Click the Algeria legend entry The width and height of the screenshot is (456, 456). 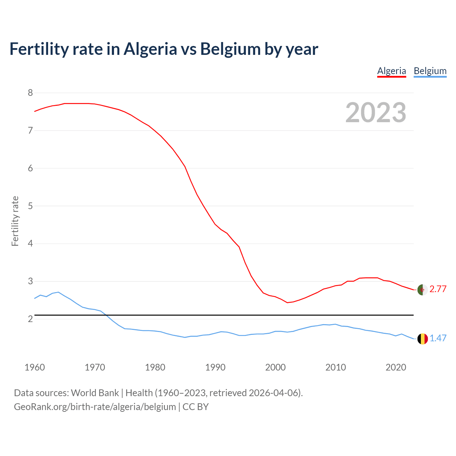pos(392,71)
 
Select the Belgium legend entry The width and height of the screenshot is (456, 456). pos(430,71)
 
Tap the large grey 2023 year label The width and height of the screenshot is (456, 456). pos(375,113)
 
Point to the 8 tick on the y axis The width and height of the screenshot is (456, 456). pos(30,93)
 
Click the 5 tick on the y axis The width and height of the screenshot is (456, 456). pos(30,206)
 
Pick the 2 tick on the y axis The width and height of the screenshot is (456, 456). pos(30,319)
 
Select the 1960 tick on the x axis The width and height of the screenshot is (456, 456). pos(35,367)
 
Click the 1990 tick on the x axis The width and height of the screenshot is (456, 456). pos(215,367)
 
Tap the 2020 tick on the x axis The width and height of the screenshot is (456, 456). pos(396,367)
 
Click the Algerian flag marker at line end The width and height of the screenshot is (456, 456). pos(423,290)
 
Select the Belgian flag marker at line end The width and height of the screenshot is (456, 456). pos(423,339)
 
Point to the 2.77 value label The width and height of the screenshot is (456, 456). pos(438,289)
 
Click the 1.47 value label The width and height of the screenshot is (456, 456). pos(438,338)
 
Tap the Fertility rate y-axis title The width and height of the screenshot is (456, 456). pos(15,221)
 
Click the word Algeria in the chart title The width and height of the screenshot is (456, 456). pos(150,49)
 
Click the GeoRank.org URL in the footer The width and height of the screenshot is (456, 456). pos(95,407)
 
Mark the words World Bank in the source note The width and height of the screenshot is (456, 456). pos(95,393)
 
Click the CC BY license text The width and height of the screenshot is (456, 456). pos(196,407)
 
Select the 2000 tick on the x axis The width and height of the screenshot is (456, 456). pos(275,367)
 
